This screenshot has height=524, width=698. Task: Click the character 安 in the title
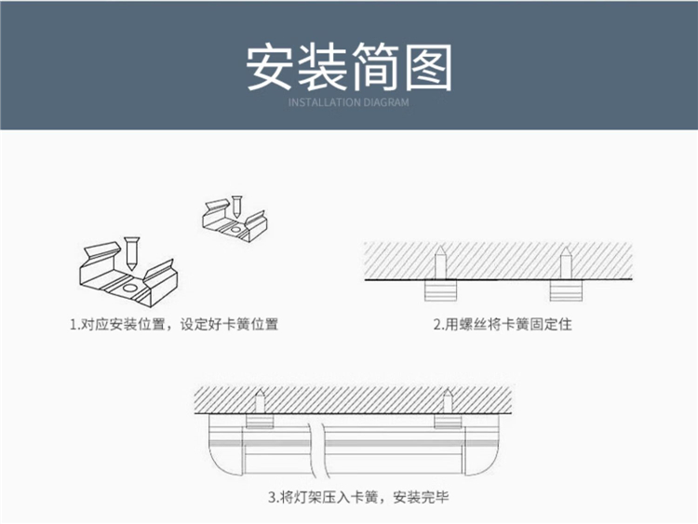click(x=270, y=67)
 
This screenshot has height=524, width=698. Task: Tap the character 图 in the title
click(x=428, y=67)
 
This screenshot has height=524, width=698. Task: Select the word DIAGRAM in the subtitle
click(x=386, y=102)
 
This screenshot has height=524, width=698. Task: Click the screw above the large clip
click(x=132, y=254)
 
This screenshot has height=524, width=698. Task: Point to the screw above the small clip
click(x=236, y=207)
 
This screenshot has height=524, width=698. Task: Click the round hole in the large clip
click(x=130, y=289)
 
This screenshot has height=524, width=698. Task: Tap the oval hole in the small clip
click(x=235, y=229)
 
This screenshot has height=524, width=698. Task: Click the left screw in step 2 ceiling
click(x=440, y=262)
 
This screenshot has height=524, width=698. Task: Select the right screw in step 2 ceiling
click(x=565, y=263)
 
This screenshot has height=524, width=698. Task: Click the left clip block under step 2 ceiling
click(x=440, y=289)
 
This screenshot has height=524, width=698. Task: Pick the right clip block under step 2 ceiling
click(x=566, y=290)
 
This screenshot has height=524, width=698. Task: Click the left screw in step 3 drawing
click(x=260, y=401)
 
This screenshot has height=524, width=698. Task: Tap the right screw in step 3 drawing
click(x=448, y=401)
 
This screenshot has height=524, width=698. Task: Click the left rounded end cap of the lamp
click(x=226, y=450)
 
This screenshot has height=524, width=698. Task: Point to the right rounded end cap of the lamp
click(x=481, y=450)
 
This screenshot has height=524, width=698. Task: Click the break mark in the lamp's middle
click(x=317, y=450)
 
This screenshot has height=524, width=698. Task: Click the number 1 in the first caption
click(x=73, y=325)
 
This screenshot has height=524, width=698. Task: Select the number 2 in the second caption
click(x=437, y=325)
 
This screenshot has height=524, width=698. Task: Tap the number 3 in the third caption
click(x=272, y=497)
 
